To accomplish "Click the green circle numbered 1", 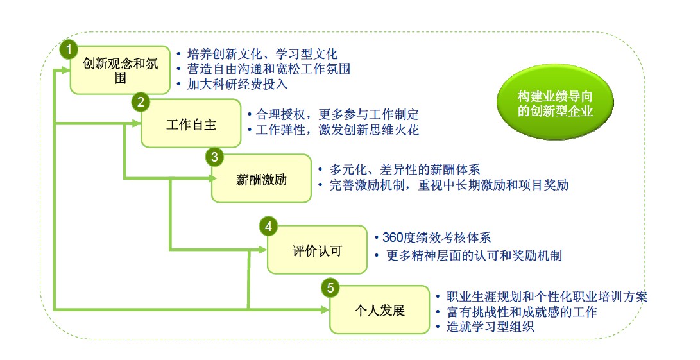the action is click(x=69, y=50).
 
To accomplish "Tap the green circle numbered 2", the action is click(x=141, y=103).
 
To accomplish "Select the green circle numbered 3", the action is click(x=215, y=157).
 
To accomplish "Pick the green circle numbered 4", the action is click(x=268, y=227).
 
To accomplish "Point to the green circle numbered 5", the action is click(x=330, y=287).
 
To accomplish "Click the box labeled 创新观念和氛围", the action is click(x=120, y=70).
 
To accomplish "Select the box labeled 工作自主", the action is click(x=191, y=123).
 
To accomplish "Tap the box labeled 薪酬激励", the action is click(x=261, y=178).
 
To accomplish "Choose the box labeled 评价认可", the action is click(x=317, y=249).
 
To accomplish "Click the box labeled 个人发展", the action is click(x=379, y=309).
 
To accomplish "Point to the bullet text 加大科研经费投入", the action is click(x=237, y=84).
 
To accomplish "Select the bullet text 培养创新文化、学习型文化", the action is click(x=262, y=55).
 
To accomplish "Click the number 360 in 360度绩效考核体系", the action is click(x=393, y=237).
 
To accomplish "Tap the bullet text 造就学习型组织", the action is click(x=490, y=327).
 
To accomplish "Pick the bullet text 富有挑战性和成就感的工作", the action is click(x=522, y=312).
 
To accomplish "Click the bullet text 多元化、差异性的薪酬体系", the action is click(x=405, y=169).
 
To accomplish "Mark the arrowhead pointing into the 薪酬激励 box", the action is click(x=212, y=178).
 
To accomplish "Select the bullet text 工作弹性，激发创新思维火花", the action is click(x=337, y=130).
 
